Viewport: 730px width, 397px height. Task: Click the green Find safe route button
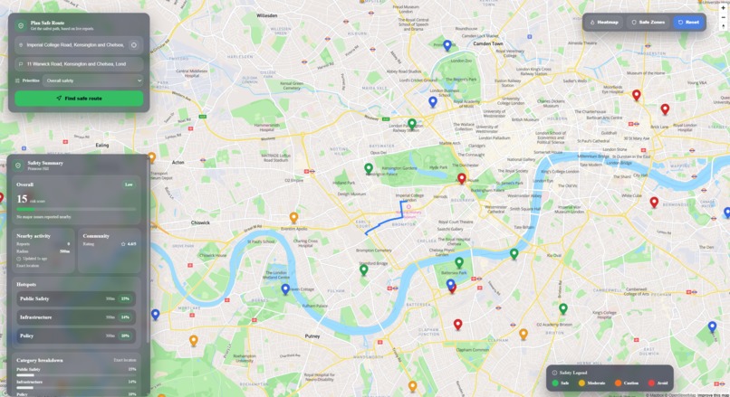tap(79, 98)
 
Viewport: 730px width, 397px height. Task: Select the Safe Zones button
tap(648, 22)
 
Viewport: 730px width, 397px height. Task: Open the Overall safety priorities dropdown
tap(93, 80)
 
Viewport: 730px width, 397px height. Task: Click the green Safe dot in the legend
tap(555, 383)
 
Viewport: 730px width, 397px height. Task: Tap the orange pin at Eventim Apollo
tap(293, 217)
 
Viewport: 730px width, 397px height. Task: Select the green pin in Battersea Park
tap(459, 263)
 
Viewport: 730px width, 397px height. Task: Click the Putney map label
tap(312, 336)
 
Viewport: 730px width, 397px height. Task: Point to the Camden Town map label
tap(487, 43)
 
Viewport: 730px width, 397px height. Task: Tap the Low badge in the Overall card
tap(129, 184)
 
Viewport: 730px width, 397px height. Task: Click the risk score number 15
tap(23, 199)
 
